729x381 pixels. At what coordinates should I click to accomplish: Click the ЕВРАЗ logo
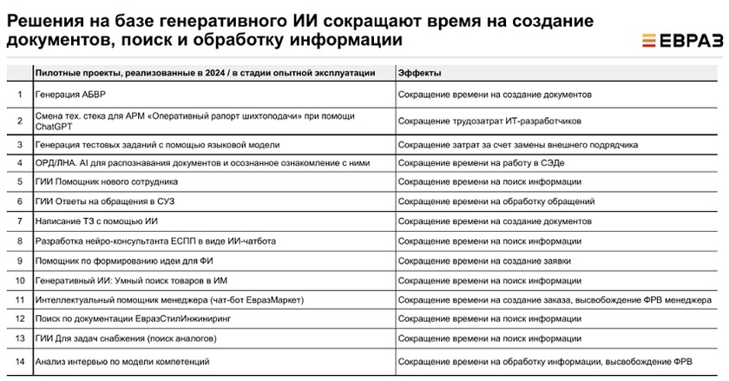pyautogui.click(x=680, y=40)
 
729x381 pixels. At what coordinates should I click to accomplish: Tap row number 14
pyautogui.click(x=19, y=360)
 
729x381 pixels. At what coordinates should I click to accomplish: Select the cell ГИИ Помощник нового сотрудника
pyautogui.click(x=107, y=181)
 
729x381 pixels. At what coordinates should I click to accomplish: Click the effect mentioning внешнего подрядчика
pyautogui.click(x=518, y=143)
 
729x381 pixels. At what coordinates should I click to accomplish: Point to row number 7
pyautogui.click(x=19, y=220)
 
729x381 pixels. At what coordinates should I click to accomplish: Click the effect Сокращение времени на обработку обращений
pyautogui.click(x=496, y=201)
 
